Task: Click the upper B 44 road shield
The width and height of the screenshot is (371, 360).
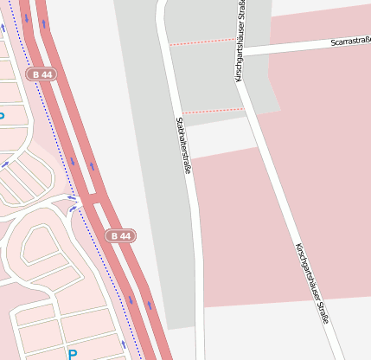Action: pyautogui.click(x=40, y=75)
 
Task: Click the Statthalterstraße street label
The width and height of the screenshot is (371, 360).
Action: pyautogui.click(x=183, y=147)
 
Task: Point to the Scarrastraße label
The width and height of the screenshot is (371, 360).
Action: pyautogui.click(x=351, y=42)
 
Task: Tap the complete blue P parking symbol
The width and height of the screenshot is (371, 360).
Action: pyautogui.click(x=73, y=354)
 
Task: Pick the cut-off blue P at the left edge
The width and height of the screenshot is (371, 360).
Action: pyautogui.click(x=2, y=115)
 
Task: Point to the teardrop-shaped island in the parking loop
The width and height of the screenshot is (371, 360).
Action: pyautogui.click(x=43, y=250)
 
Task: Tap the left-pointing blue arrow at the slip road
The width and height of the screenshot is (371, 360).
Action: pyautogui.click(x=73, y=208)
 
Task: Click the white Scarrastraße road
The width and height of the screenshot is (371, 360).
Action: pyautogui.click(x=303, y=46)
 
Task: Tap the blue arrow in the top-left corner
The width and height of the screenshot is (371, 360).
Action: pyautogui.click(x=3, y=27)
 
